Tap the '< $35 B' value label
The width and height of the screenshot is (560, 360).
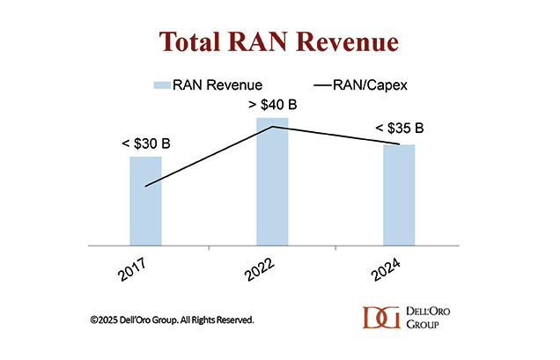pos(399,129)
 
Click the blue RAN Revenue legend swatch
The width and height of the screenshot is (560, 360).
pos(161,84)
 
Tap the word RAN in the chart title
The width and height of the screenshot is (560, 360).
pos(269,42)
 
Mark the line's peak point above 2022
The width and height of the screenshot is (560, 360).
pos(274,127)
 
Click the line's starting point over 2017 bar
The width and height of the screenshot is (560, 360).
pos(145,186)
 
